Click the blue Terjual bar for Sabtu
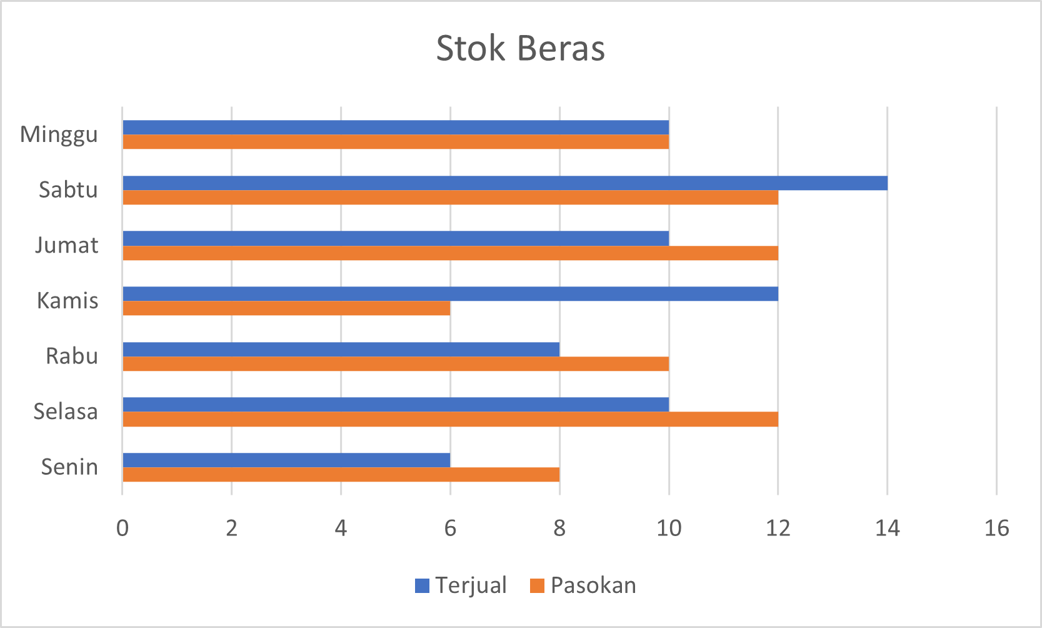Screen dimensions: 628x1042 505,183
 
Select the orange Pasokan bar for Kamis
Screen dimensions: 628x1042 286,308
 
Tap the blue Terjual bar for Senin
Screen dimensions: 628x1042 286,460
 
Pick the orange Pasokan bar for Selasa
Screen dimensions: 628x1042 450,419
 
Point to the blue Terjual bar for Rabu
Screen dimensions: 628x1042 341,349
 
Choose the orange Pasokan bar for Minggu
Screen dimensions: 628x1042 396,142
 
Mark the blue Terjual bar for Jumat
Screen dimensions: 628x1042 396,238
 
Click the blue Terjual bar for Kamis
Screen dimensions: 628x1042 450,293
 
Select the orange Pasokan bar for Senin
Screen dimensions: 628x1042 341,474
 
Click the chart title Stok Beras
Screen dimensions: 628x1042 520,48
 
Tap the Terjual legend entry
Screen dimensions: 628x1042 461,585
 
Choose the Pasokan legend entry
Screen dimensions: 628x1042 583,585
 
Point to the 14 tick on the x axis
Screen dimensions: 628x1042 887,529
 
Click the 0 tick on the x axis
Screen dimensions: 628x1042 123,529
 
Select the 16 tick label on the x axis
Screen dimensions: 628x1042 996,529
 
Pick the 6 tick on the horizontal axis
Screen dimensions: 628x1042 450,529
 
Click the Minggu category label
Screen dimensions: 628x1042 59,134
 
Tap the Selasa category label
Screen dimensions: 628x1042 66,412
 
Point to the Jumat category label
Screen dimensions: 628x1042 67,245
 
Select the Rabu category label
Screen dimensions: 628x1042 72,356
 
